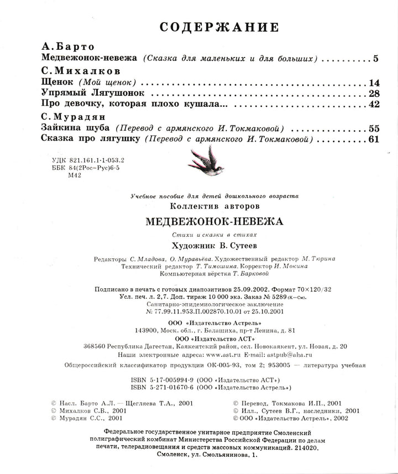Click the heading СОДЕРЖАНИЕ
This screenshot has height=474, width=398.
[x=219, y=28]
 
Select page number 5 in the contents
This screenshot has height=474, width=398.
[x=375, y=58]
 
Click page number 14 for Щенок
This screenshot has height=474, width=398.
[x=373, y=82]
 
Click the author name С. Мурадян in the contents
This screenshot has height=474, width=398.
[x=74, y=118]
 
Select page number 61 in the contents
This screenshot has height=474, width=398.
[x=373, y=139]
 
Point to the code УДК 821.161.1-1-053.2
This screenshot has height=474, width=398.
[x=81, y=158]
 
